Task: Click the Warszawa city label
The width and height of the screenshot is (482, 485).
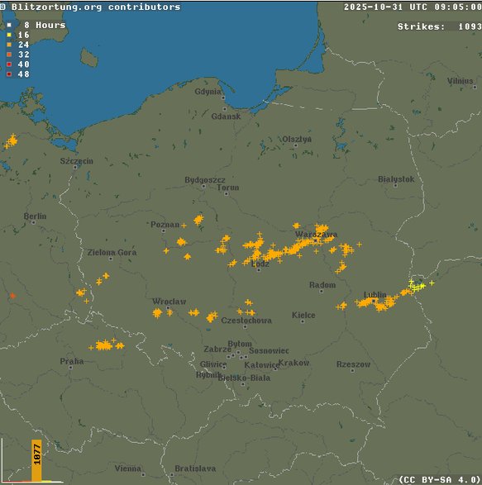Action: [x=316, y=234]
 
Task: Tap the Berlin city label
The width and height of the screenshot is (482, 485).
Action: [x=35, y=216]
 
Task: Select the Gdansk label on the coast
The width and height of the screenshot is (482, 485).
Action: [x=226, y=116]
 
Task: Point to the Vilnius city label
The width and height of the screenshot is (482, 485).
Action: [x=461, y=81]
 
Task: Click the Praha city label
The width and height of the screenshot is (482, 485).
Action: [x=71, y=361]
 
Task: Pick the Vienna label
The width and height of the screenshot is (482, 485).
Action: [x=127, y=468]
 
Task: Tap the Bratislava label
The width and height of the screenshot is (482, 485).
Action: [x=195, y=468]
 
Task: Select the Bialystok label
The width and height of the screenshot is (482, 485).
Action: [x=396, y=178]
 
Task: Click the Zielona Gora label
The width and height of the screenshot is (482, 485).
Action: [x=112, y=252]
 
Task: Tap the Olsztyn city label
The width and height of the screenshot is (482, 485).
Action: [x=297, y=139]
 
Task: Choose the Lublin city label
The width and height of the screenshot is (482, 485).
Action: [x=375, y=295]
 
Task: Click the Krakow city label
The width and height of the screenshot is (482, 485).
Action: [x=293, y=363]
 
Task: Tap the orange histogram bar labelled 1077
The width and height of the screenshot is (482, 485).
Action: [x=36, y=460]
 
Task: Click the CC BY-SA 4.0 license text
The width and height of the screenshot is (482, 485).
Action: [x=438, y=478]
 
